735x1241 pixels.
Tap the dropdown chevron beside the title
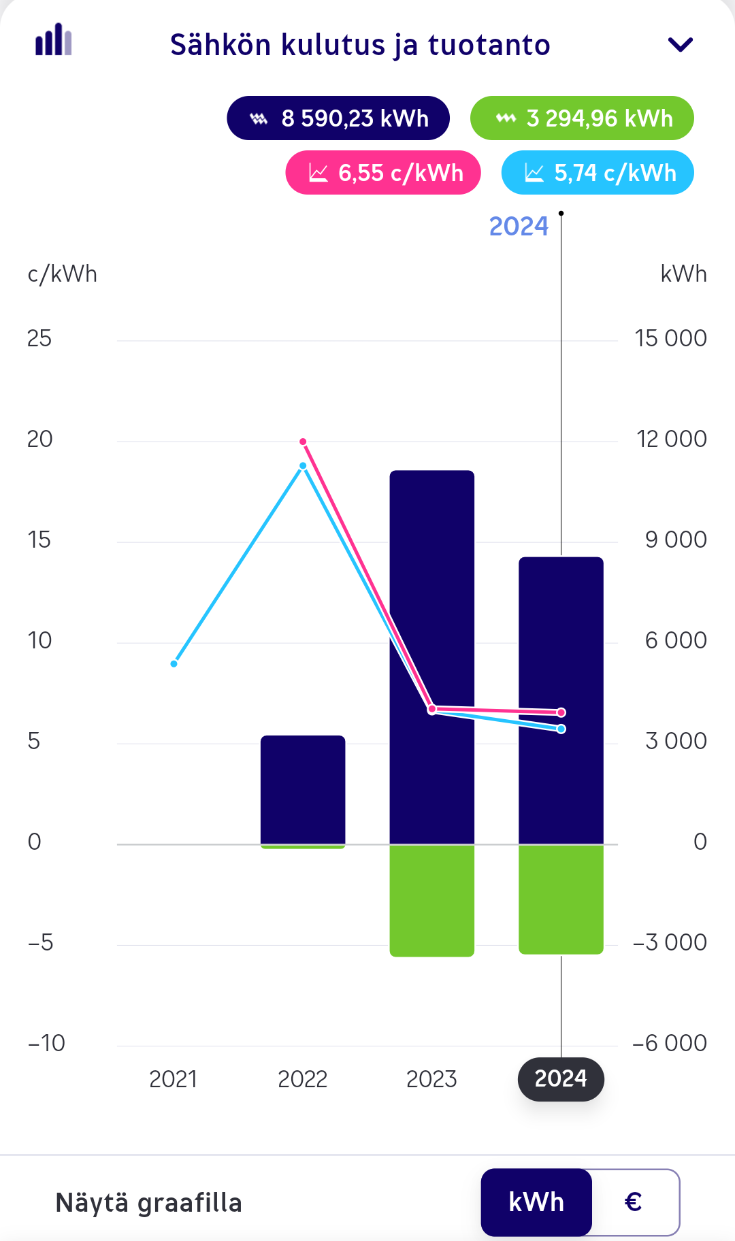coord(680,45)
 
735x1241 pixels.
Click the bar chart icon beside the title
coord(54,40)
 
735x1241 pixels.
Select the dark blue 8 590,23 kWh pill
coord(338,118)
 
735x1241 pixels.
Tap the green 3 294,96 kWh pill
coord(582,118)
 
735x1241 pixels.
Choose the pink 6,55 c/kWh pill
coord(383,173)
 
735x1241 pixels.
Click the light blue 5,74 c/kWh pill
coord(598,173)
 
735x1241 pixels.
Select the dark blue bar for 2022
coord(303,789)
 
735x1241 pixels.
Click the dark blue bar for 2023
coord(431,612)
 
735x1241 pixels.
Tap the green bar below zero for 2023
coord(431,900)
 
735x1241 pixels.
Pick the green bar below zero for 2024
coord(561,899)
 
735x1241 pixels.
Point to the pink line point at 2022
coord(304,442)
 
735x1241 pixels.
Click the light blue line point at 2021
coord(174,663)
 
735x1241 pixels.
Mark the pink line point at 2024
coord(561,712)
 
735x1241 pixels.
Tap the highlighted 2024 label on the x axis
coord(561,1079)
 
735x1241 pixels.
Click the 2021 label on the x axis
coord(173,1079)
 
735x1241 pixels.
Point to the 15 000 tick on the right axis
coord(670,338)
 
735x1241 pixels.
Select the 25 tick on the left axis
coord(39,338)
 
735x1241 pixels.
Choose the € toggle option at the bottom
coord(634,1202)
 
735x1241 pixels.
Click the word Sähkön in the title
coord(220,45)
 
